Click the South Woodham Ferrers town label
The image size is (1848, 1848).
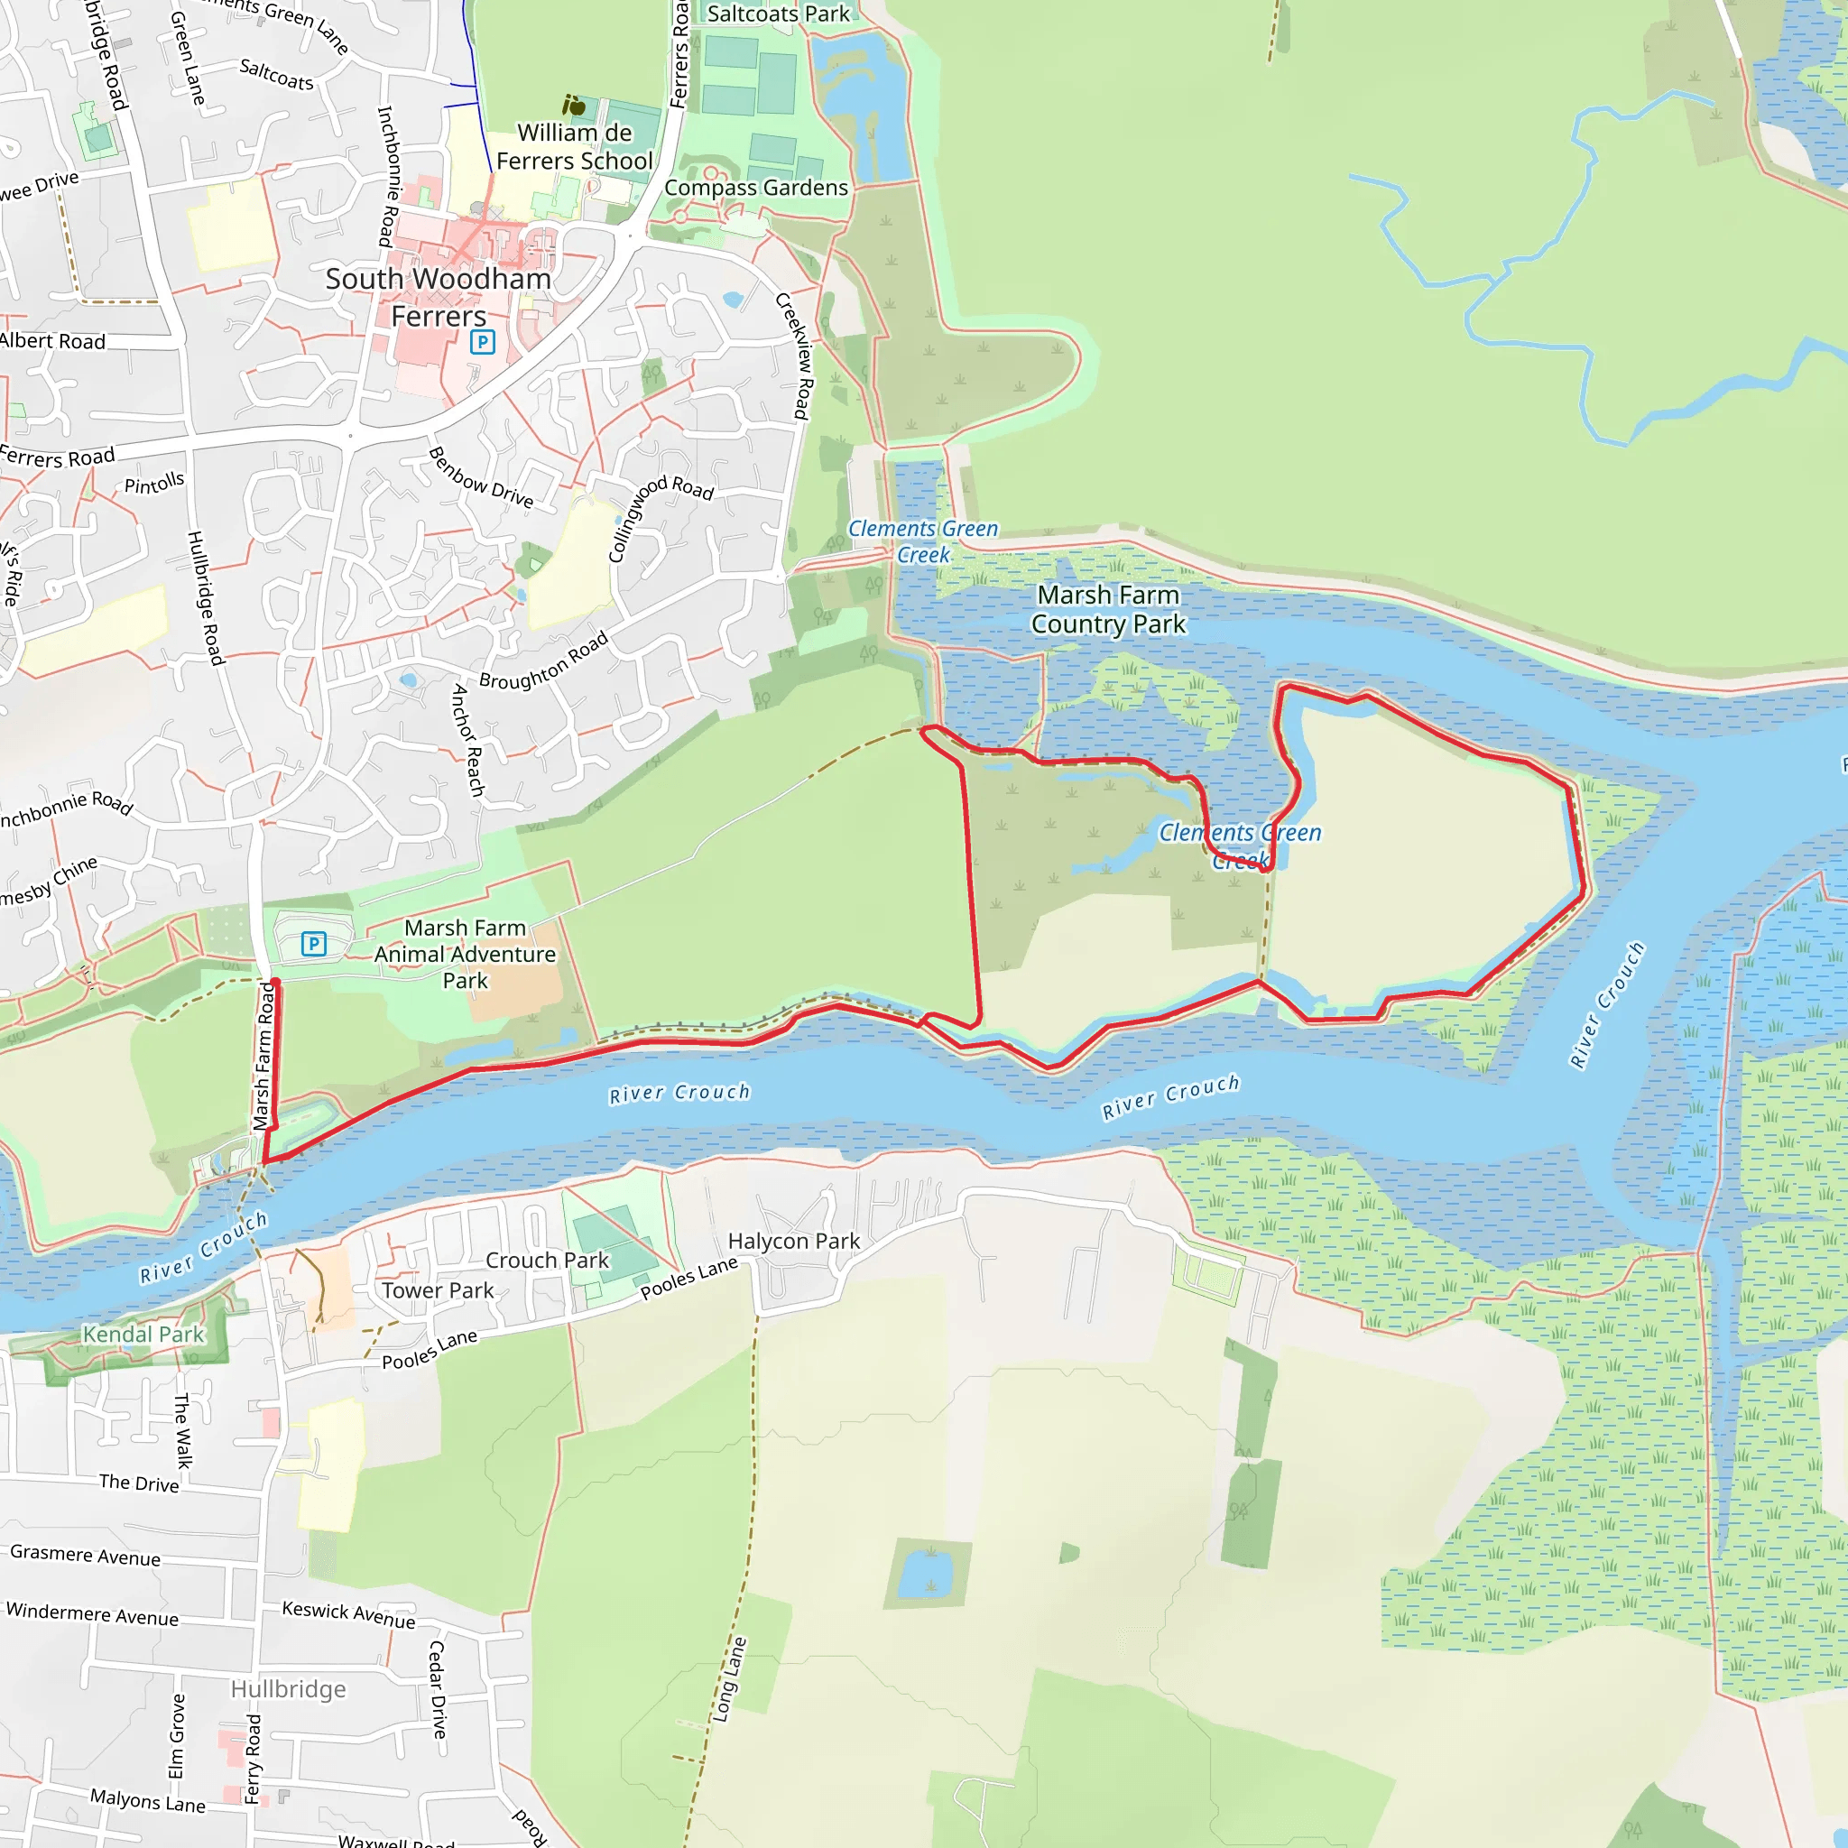pyautogui.click(x=438, y=297)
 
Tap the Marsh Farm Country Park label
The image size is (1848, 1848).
pyautogui.click(x=1108, y=609)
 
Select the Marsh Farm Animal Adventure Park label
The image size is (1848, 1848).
pyautogui.click(x=465, y=954)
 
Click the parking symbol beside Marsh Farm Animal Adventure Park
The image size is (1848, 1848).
pyautogui.click(x=314, y=944)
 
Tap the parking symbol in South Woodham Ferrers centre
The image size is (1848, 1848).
pyautogui.click(x=482, y=341)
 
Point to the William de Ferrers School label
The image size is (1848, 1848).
pyautogui.click(x=574, y=146)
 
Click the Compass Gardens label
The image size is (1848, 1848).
pyautogui.click(x=755, y=188)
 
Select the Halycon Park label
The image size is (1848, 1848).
pyautogui.click(x=794, y=1241)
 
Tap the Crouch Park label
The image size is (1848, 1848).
pyautogui.click(x=547, y=1260)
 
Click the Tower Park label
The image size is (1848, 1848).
pyautogui.click(x=438, y=1290)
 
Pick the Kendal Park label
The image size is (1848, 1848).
pyautogui.click(x=143, y=1335)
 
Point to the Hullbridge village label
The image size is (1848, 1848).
pyautogui.click(x=288, y=1689)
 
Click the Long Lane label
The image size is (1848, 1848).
pyautogui.click(x=729, y=1680)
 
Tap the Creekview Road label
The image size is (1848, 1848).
pyautogui.click(x=794, y=356)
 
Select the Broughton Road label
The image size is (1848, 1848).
pyautogui.click(x=543, y=660)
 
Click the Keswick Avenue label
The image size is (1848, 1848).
pyautogui.click(x=349, y=1614)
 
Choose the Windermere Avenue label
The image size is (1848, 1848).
pyautogui.click(x=93, y=1614)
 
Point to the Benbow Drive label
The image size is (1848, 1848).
pyautogui.click(x=481, y=476)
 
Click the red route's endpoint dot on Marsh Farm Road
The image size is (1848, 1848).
pyautogui.click(x=275, y=984)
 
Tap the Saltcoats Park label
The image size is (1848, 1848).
pyautogui.click(x=778, y=14)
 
